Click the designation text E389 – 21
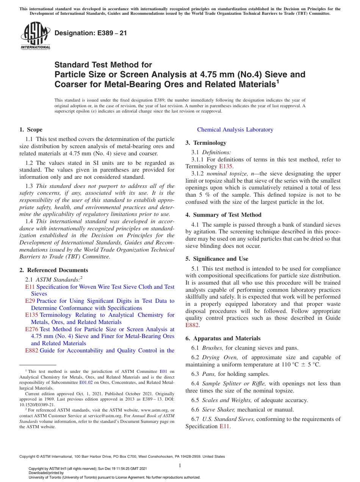click(x=91, y=33)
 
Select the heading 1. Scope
click(x=31, y=130)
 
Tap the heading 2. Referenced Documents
click(x=54, y=270)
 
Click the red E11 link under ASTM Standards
click(x=30, y=287)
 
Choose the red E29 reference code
click(x=30, y=301)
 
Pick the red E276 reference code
click(x=31, y=329)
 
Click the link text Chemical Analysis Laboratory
click(x=235, y=130)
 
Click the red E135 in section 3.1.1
click(x=225, y=166)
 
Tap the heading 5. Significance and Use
click(x=217, y=259)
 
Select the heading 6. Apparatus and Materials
click(x=223, y=338)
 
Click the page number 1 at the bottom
click(x=180, y=465)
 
